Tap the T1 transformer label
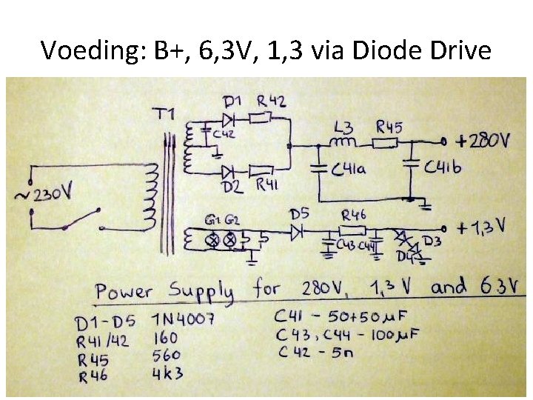[166, 114]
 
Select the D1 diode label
[232, 100]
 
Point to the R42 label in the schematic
[272, 100]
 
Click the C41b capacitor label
[443, 168]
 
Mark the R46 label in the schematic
[355, 215]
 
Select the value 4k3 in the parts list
[168, 375]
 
